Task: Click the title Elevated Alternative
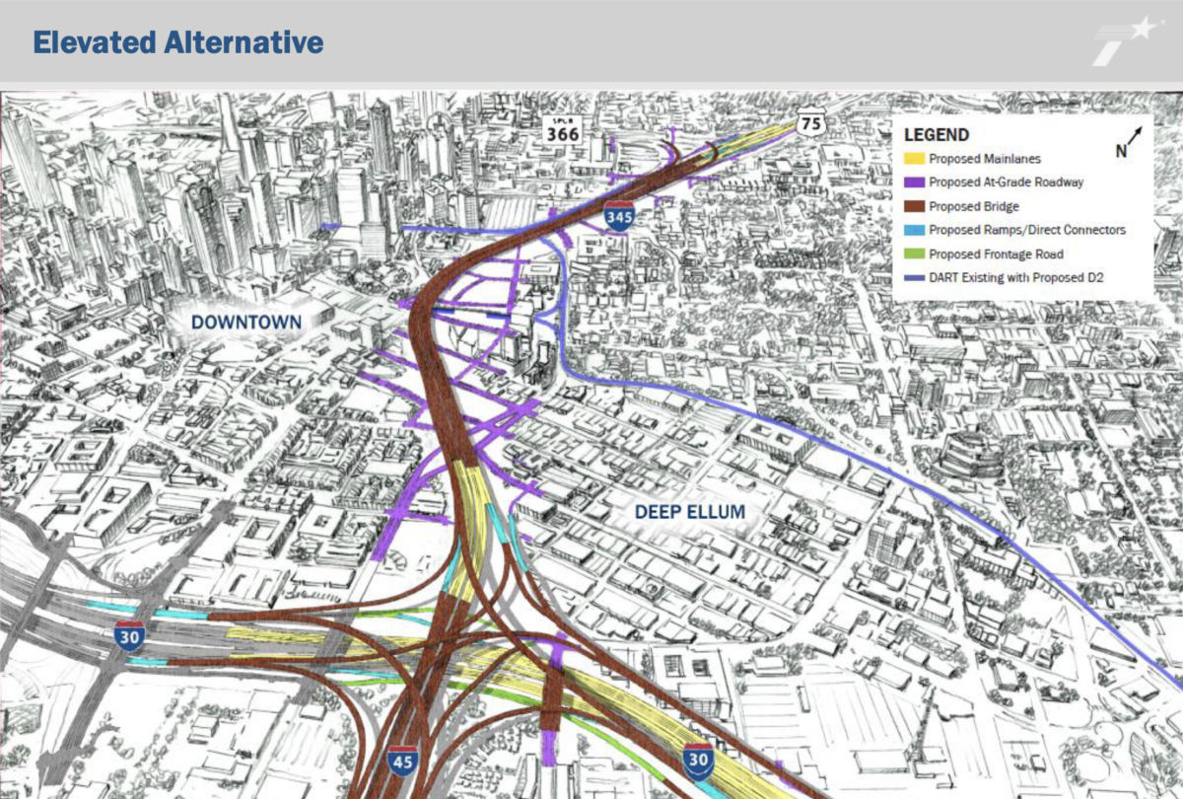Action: click(x=178, y=42)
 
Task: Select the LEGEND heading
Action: click(x=936, y=135)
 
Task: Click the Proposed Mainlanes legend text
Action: click(x=984, y=158)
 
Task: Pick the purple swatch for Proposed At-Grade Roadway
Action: click(x=914, y=182)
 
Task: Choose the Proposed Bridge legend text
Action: click(x=974, y=206)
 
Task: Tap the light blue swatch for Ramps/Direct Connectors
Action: click(x=914, y=230)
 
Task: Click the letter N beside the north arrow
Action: click(x=1120, y=151)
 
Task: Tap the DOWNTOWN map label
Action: click(x=246, y=322)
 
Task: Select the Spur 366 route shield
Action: click(x=563, y=130)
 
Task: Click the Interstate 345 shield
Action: click(x=619, y=215)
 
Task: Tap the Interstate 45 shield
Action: click(x=401, y=760)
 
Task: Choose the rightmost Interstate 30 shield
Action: click(x=698, y=758)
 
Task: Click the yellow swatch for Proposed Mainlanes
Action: click(x=914, y=159)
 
